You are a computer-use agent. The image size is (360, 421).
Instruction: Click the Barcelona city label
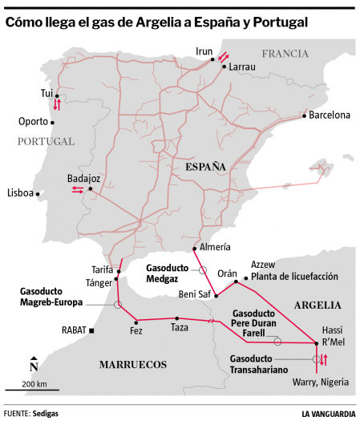330,115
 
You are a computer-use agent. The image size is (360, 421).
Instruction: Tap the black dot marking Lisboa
38,193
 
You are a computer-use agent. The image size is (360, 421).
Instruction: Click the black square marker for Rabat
92,330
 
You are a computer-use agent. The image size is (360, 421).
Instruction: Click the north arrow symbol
33,366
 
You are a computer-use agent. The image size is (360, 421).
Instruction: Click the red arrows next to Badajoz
78,189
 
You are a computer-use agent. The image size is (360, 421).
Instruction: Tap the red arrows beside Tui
57,105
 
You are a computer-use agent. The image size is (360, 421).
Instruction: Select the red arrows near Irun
224,56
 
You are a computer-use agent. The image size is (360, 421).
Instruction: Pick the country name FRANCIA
284,54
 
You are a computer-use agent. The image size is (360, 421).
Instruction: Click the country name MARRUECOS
132,364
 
